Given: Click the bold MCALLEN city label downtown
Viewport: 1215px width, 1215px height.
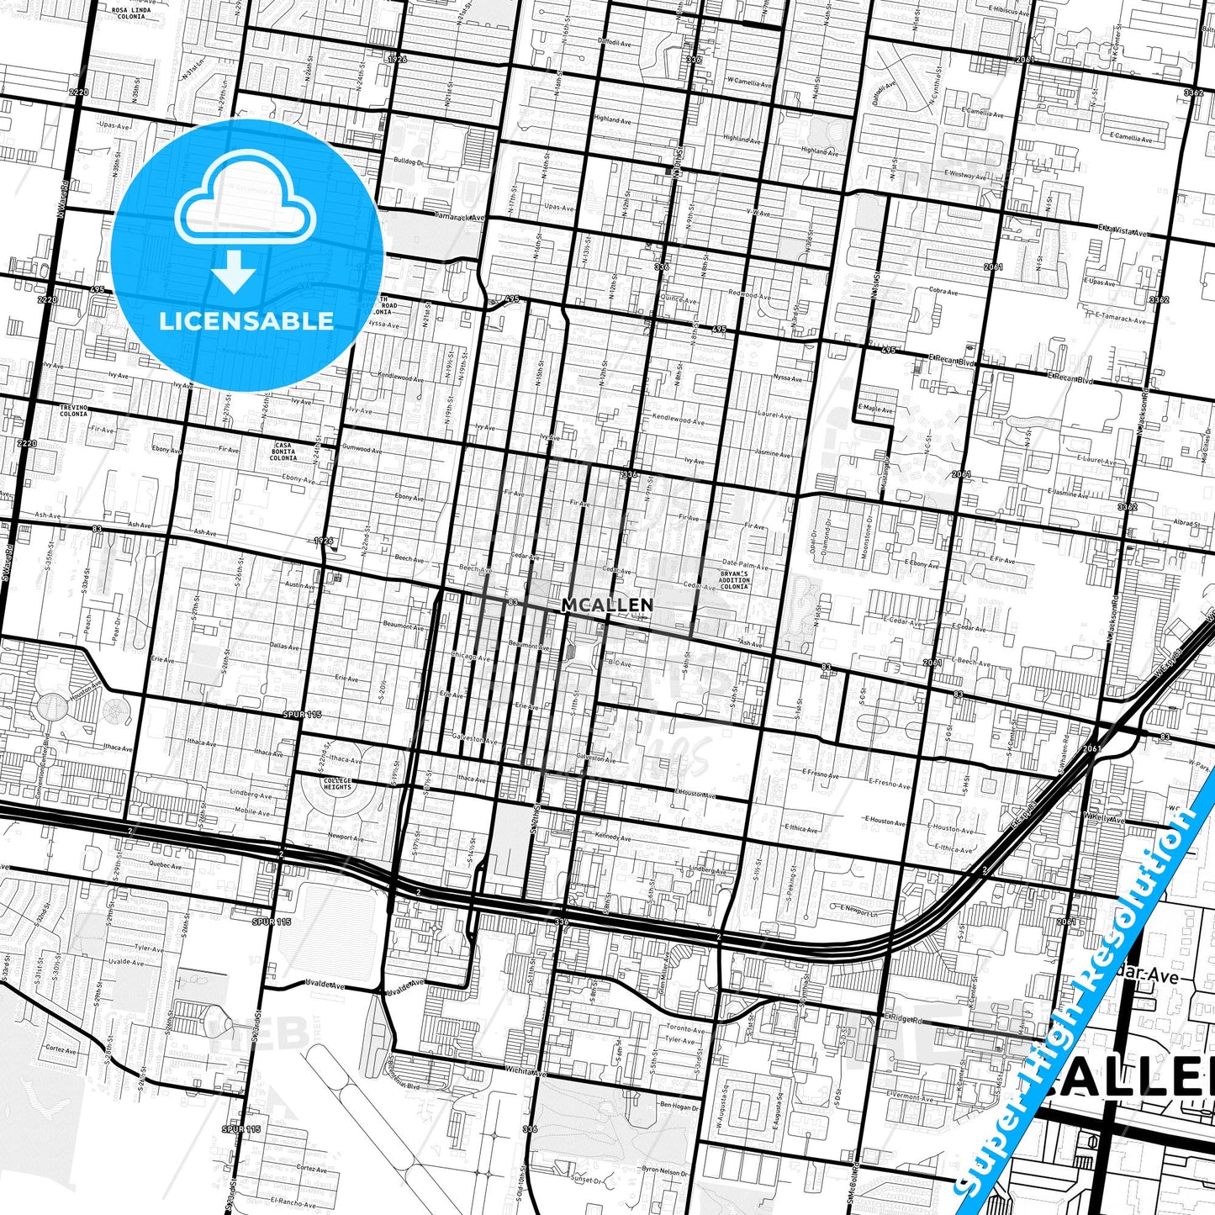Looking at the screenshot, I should pyautogui.click(x=606, y=605).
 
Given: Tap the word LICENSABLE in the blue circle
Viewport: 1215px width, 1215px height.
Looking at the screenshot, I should pyautogui.click(x=246, y=320).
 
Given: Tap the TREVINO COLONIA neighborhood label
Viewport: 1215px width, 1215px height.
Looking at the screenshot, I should pyautogui.click(x=73, y=409).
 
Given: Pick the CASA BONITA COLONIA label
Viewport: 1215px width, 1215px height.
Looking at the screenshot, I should pyautogui.click(x=283, y=451).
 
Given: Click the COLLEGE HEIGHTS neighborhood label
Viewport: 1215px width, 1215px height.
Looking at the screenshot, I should pyautogui.click(x=337, y=784).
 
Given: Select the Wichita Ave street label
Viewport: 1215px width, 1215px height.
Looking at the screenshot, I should pyautogui.click(x=525, y=1074).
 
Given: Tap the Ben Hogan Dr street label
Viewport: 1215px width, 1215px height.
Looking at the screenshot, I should pyautogui.click(x=679, y=1107).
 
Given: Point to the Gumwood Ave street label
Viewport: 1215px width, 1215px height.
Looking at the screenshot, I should pyautogui.click(x=361, y=450).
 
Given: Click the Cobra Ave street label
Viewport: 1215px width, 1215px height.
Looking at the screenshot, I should pyautogui.click(x=943, y=292).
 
